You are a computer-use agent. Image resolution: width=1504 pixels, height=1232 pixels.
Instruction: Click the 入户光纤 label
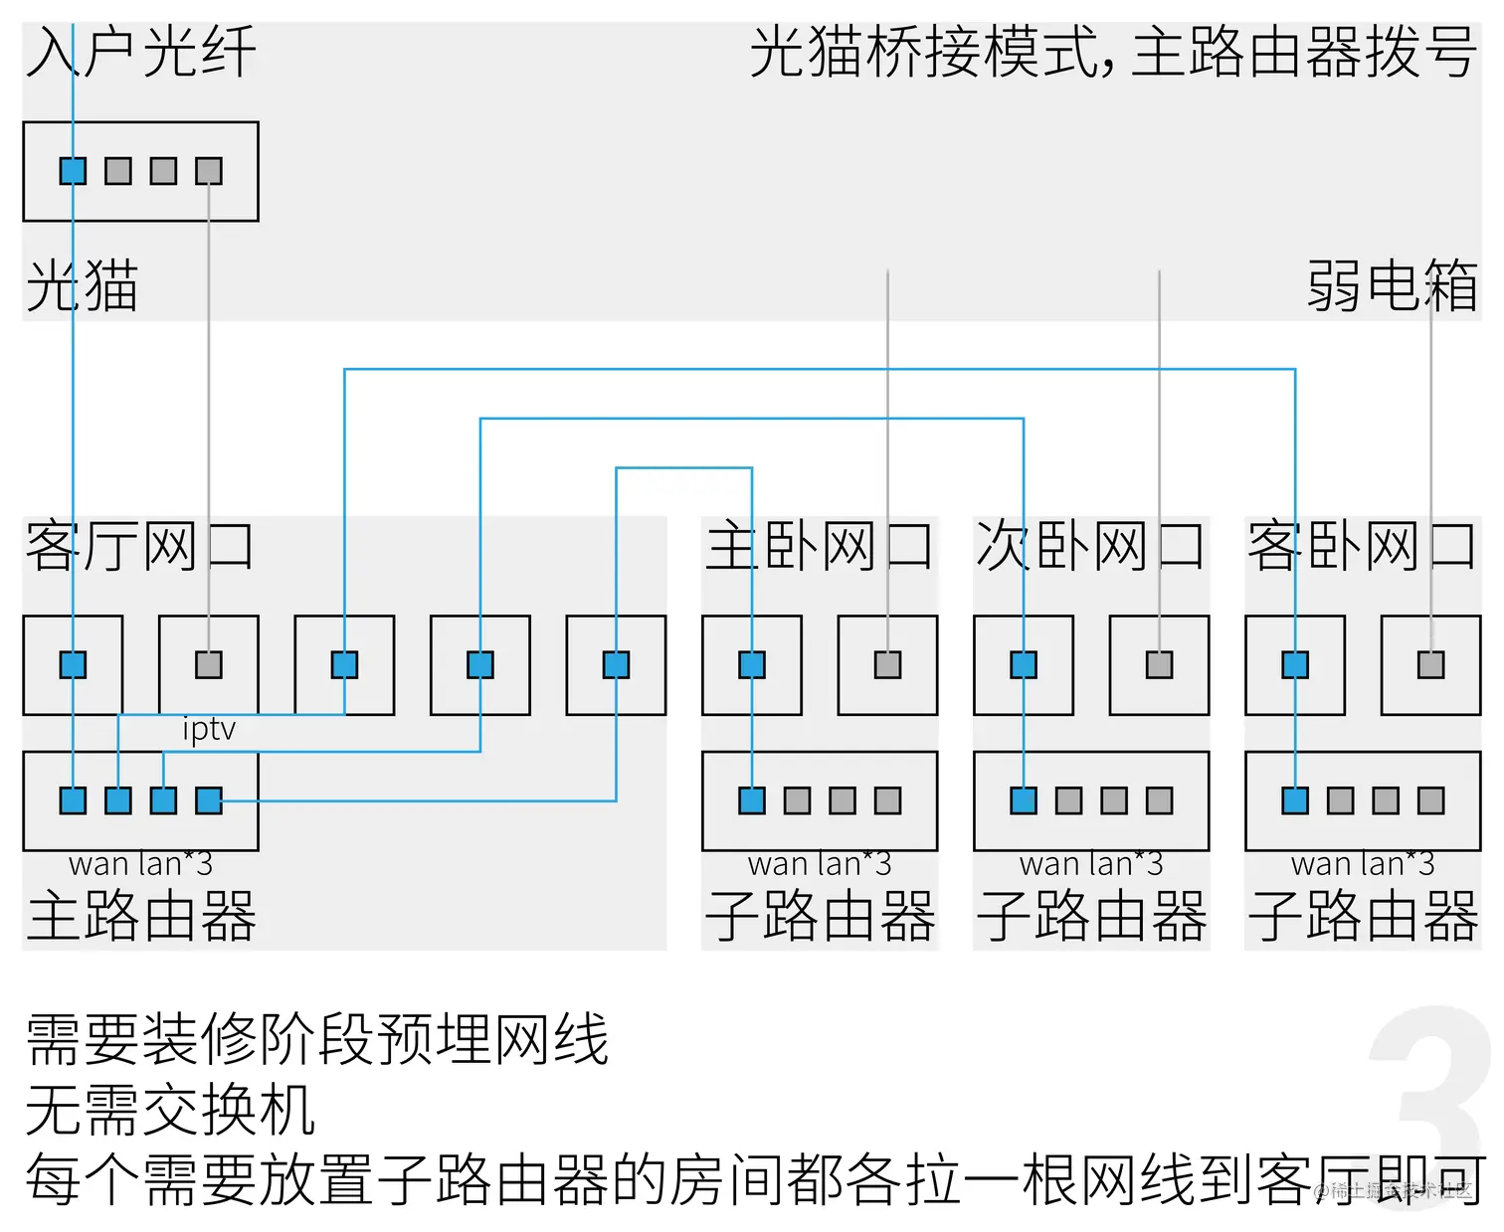coord(140,53)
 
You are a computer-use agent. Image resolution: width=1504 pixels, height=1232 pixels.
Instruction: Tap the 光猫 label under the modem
coord(82,286)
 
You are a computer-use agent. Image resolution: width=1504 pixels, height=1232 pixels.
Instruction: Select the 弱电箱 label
coord(1392,286)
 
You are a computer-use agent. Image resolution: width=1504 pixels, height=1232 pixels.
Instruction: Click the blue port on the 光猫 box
coord(73,171)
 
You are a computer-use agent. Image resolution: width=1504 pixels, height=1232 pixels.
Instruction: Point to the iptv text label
coord(209,729)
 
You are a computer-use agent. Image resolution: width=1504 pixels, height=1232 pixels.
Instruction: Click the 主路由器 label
coord(141,916)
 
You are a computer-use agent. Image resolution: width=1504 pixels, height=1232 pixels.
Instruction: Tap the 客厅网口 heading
coord(139,546)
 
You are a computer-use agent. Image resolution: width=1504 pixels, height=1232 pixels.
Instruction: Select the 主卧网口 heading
coord(819,546)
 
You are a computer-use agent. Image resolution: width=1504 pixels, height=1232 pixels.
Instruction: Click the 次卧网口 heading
coord(1090,546)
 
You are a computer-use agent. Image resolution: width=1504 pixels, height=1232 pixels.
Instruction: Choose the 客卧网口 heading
coord(1362,546)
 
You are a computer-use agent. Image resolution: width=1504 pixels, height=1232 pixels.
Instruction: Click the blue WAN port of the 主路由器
coord(73,800)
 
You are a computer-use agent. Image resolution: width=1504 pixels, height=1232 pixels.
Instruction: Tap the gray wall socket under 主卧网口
coord(887,664)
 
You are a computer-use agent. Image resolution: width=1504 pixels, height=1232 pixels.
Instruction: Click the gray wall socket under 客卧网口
coord(1430,664)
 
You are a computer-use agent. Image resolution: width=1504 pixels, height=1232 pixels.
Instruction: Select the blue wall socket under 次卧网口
coord(1024,664)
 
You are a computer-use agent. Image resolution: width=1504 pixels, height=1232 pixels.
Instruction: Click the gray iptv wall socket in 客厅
coord(209,664)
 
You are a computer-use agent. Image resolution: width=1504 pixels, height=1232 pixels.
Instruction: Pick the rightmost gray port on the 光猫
coord(209,171)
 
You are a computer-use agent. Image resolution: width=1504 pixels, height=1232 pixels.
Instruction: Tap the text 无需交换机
coord(170,1110)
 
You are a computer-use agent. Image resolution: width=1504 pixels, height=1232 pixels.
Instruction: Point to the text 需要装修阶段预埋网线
coord(316,1040)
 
